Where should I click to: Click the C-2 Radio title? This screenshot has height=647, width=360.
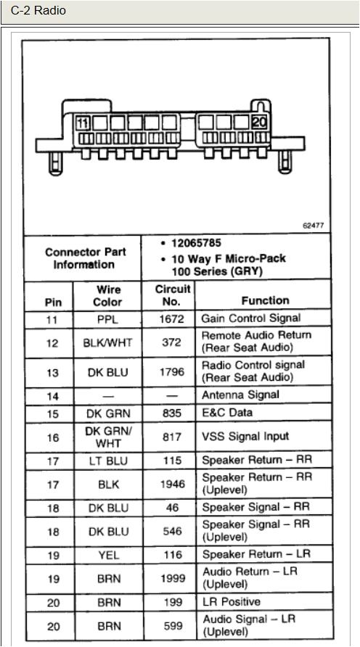coord(38,11)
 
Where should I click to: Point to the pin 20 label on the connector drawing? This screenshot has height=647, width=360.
coord(259,123)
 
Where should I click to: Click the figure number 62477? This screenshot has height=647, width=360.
coord(313,226)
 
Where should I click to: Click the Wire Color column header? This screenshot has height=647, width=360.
coord(108,295)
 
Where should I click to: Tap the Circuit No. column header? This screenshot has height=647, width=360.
coord(172,295)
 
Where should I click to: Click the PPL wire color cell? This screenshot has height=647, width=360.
coord(108,318)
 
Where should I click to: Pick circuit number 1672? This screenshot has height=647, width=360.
coord(172,318)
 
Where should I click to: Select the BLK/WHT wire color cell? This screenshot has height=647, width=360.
coord(108,342)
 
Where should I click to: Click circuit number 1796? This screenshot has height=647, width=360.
coord(172,371)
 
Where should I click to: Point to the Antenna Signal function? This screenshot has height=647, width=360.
coord(240,395)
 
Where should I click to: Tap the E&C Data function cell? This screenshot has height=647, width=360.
coord(228,413)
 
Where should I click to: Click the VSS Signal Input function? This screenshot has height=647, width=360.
coord(245,437)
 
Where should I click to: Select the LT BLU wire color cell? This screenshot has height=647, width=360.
coord(108,461)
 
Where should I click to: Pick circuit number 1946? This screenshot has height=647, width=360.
coord(172,484)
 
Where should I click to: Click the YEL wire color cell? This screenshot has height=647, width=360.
coord(108,555)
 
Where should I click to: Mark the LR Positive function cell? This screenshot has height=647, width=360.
coord(231,602)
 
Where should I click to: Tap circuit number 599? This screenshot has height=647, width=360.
coord(172,626)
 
